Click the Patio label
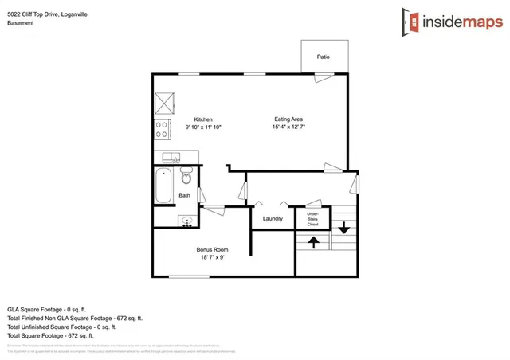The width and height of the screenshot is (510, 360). (x=323, y=57)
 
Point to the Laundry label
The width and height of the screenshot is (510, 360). (x=273, y=218)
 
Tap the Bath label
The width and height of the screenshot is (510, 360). (x=184, y=195)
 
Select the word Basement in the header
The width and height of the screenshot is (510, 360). (x=21, y=23)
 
